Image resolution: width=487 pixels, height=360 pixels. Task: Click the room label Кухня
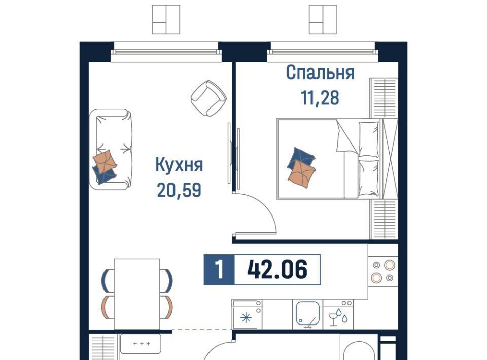(179, 165)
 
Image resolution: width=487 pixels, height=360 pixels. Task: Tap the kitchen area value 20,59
(179, 190)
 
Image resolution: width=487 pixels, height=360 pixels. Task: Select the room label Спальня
(320, 73)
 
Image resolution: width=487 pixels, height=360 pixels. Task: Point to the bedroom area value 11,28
(320, 97)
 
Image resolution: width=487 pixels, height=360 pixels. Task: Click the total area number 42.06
(277, 269)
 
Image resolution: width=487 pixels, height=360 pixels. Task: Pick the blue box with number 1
(219, 269)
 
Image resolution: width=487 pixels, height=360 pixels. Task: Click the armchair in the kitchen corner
(208, 98)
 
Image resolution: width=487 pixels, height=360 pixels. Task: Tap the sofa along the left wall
(111, 149)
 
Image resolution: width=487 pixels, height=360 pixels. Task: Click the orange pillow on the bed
(301, 174)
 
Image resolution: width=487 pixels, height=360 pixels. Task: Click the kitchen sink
(307, 313)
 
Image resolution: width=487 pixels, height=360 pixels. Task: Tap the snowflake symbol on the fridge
(246, 318)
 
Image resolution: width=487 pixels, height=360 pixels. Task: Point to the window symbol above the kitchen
(166, 20)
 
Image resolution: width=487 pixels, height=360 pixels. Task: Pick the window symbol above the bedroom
(323, 20)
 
